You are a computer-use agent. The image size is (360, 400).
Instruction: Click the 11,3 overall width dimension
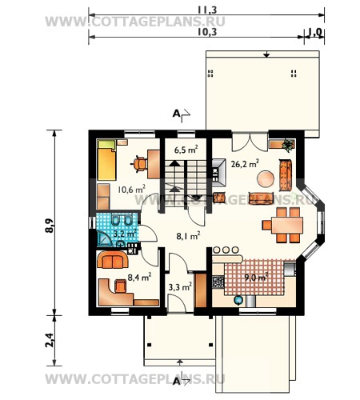tap(207, 10)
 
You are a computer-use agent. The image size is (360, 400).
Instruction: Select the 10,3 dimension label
tap(207, 32)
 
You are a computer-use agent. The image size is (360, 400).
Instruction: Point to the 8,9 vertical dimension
tap(50, 226)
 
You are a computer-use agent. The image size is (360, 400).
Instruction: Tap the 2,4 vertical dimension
tap(50, 340)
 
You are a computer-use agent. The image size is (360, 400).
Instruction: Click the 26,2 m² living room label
tap(245, 163)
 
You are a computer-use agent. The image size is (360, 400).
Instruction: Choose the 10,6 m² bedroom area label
tap(131, 190)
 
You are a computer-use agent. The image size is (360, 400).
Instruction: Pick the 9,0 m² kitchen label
tap(256, 278)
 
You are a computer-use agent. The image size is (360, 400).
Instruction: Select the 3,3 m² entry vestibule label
tap(180, 287)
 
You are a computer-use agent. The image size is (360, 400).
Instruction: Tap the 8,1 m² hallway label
tap(188, 236)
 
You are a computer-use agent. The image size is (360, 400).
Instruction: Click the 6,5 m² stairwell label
tap(186, 150)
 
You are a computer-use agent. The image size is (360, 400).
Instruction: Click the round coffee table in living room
tap(266, 178)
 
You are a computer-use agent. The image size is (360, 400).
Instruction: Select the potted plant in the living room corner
tap(288, 146)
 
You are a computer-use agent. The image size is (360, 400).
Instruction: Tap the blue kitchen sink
tap(238, 300)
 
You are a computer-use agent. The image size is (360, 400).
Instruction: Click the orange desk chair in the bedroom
tap(139, 164)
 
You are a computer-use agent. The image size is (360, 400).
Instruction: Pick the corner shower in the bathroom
tap(104, 238)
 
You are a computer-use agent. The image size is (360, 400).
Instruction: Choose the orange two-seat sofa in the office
tap(113, 259)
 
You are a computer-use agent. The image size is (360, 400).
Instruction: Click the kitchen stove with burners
tap(218, 282)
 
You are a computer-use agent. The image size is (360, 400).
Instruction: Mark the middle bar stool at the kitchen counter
tap(226, 250)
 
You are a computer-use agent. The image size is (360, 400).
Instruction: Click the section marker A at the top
tap(177, 114)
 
